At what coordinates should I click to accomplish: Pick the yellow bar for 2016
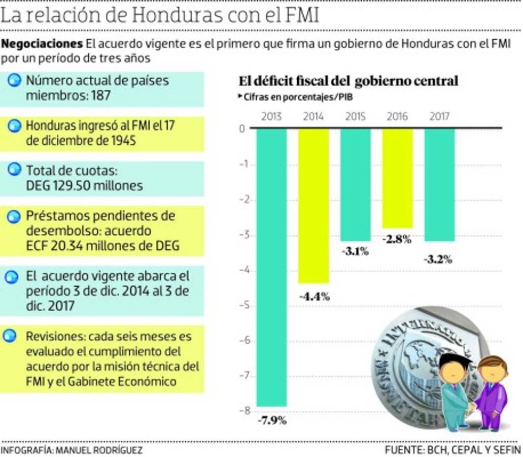tap(397, 178)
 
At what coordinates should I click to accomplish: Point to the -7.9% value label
tap(272, 420)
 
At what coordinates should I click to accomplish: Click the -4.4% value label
tap(314, 297)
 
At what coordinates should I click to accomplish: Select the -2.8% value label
tap(397, 240)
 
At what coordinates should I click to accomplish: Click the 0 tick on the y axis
tap(242, 129)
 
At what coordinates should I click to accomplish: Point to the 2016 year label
tap(397, 116)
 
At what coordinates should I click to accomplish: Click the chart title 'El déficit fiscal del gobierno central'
tap(348, 81)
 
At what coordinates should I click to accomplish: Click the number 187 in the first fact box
tap(100, 95)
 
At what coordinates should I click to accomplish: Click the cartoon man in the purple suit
tap(491, 391)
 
